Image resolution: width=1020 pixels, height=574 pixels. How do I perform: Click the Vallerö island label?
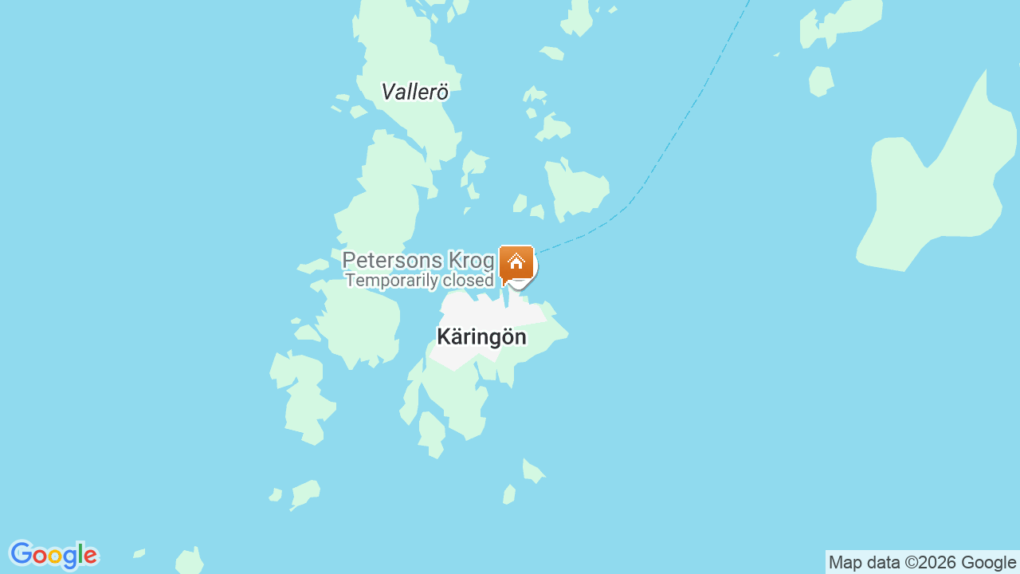pyautogui.click(x=414, y=92)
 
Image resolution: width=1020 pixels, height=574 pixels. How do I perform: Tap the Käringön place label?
pyautogui.click(x=481, y=337)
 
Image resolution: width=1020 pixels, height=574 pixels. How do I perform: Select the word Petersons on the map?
pyautogui.click(x=392, y=261)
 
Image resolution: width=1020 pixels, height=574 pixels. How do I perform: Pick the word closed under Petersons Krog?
pyautogui.click(x=464, y=281)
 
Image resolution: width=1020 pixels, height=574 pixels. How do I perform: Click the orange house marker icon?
pyautogui.click(x=516, y=262)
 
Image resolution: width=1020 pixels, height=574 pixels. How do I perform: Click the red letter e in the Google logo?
pyautogui.click(x=89, y=556)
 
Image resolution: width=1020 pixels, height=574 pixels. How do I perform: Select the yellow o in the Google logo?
pyautogui.click(x=55, y=556)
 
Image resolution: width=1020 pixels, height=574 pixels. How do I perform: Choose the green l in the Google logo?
pyautogui.click(x=80, y=553)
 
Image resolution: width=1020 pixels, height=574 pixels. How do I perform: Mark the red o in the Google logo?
pyautogui.click(x=40, y=556)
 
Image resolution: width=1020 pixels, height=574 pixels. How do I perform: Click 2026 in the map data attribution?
pyautogui.click(x=937, y=563)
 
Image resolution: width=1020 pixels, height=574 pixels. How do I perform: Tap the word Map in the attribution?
pyautogui.click(x=845, y=563)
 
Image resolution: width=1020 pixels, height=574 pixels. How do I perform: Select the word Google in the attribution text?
pyautogui.click(x=988, y=563)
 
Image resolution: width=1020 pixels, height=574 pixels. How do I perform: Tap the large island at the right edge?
pyautogui.click(x=932, y=199)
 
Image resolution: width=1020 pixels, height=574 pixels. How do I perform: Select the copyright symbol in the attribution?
pyautogui.click(x=910, y=563)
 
